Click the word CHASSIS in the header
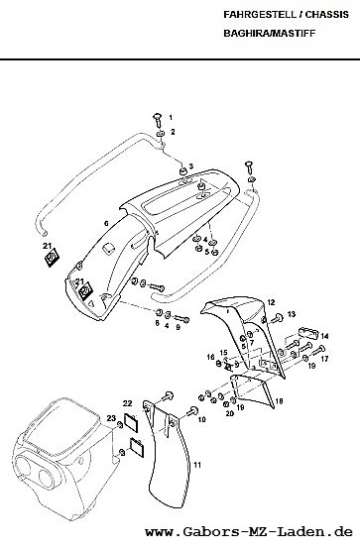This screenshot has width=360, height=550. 326,15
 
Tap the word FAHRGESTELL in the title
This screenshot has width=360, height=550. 262,15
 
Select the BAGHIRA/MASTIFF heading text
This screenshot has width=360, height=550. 270,34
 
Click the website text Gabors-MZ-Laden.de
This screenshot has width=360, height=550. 249,532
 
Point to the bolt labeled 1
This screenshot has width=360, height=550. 159,120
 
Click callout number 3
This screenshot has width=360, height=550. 190,165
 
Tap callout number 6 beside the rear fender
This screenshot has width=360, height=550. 106,223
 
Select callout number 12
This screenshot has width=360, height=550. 271,302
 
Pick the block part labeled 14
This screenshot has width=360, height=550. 308,333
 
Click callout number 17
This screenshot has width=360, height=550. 324,359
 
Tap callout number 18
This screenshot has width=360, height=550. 280,401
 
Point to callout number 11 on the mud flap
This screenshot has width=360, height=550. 197,465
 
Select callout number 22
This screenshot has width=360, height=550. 127,403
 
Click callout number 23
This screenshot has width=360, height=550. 111,418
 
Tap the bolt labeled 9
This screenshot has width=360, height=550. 181,319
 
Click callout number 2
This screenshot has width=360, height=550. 173,132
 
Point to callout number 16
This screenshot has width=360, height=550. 210,357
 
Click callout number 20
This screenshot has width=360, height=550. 229,413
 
